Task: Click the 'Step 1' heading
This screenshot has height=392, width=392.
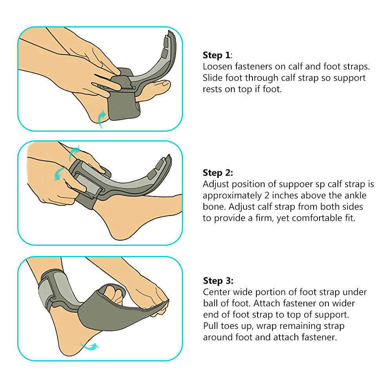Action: click(216, 55)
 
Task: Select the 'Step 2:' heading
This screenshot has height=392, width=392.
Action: click(218, 173)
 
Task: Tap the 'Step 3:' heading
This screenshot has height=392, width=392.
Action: click(218, 281)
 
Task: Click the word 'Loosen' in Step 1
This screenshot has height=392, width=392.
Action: click(217, 67)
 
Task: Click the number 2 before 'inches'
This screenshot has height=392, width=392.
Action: click(267, 195)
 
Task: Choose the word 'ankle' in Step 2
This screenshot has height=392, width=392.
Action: click(355, 195)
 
